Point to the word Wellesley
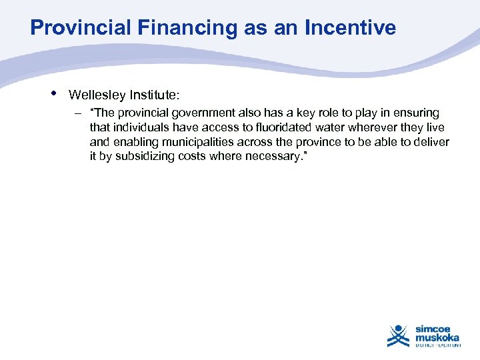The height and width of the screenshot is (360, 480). coord(95,95)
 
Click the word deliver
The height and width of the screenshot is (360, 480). coord(432,142)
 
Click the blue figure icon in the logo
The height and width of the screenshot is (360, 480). coord(399,335)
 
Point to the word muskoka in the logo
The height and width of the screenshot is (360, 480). coord(437,337)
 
